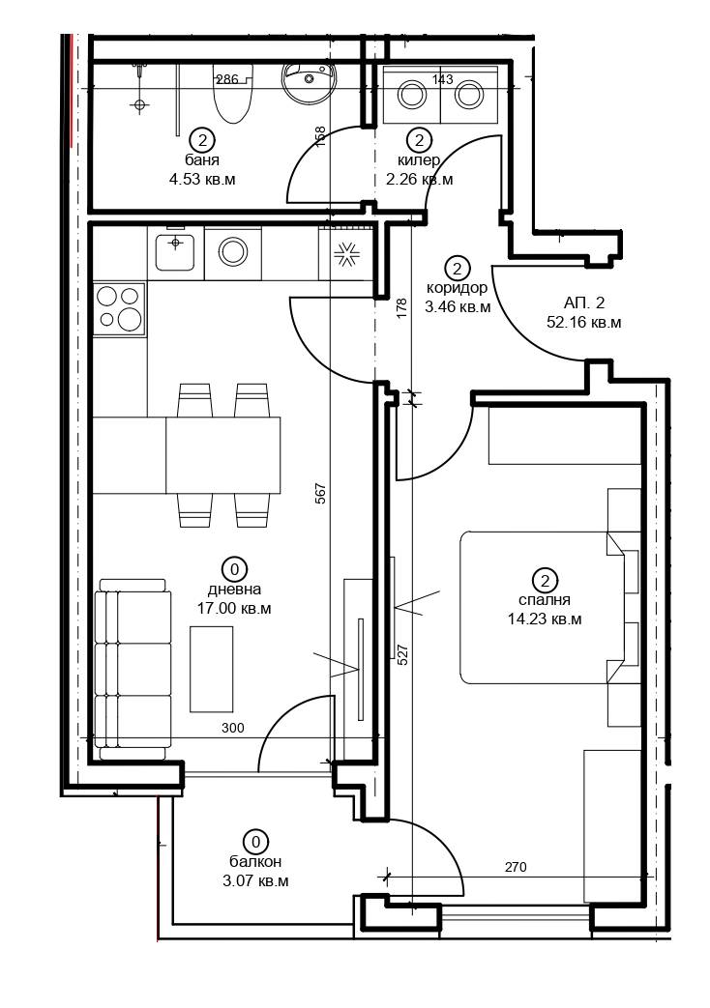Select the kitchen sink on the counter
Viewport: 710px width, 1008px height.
(174, 251)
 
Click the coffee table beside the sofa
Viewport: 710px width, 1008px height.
(212, 669)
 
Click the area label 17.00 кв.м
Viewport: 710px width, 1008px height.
(234, 608)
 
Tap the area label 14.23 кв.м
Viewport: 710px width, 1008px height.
(545, 619)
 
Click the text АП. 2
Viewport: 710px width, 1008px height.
(584, 302)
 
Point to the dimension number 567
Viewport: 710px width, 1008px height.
(322, 493)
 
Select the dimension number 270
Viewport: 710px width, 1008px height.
(516, 867)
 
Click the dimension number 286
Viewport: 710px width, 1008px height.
(227, 79)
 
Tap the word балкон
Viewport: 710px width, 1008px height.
(255, 861)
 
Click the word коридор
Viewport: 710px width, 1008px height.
(457, 287)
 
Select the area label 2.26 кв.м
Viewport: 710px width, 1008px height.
(419, 180)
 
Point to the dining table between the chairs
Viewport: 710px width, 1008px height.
(222, 455)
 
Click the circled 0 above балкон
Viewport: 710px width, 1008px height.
(255, 842)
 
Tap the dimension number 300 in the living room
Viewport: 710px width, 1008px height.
(233, 728)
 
